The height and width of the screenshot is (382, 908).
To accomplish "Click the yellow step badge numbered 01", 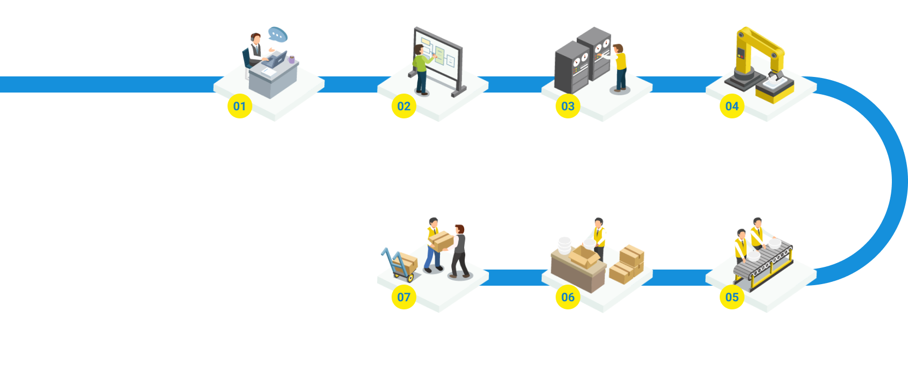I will pos(239,106).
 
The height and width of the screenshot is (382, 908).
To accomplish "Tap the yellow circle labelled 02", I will pos(403,106).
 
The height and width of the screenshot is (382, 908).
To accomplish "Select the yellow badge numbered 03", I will pos(567,106).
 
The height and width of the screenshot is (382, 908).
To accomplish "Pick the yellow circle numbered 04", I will pos(732,106).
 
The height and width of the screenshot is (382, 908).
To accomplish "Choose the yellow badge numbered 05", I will pos(732,297).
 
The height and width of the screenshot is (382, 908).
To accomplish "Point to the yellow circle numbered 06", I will pos(567,297).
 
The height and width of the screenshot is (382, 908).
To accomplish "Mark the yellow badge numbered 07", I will pos(403,297).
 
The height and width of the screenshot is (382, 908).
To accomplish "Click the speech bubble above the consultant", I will pos(278,34).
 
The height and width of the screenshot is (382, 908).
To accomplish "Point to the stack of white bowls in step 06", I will pos(564,245).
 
